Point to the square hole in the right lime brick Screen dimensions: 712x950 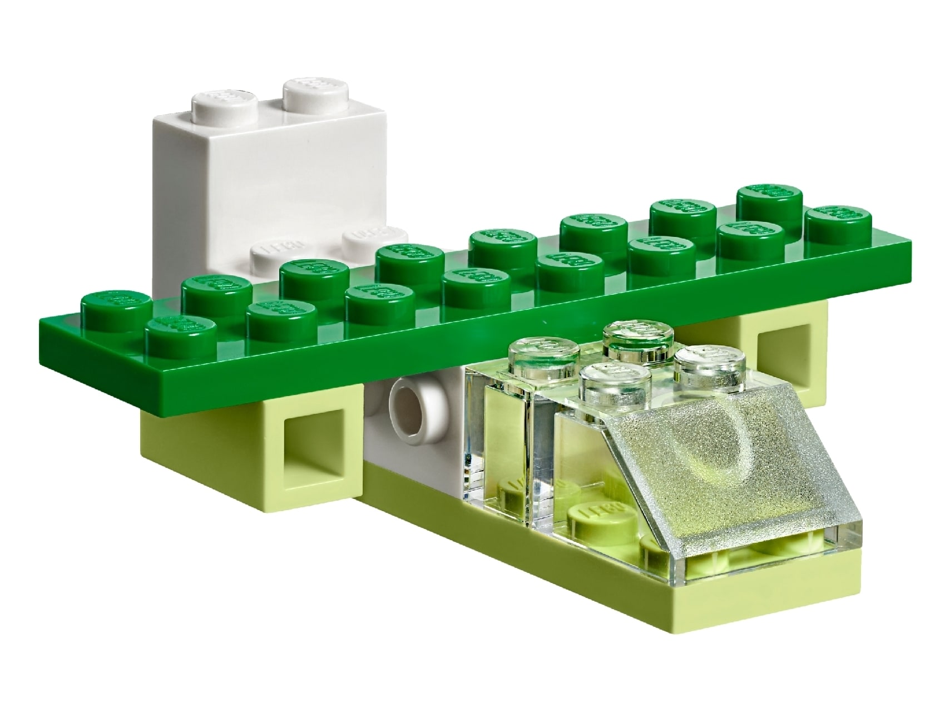pos(779,355)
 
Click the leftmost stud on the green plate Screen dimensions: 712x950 pos(116,304)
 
